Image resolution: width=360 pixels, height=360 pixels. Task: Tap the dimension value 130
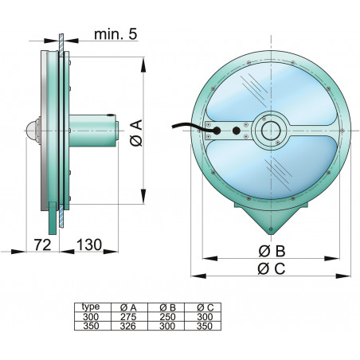pyautogui.click(x=88, y=244)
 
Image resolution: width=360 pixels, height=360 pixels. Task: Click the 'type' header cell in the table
pyautogui.click(x=92, y=306)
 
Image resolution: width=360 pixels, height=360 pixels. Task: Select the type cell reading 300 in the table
pyautogui.click(x=92, y=315)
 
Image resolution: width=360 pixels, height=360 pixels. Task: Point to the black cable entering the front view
pyautogui.click(x=186, y=125)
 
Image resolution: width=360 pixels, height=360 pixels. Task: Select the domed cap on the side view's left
pyautogui.click(x=33, y=128)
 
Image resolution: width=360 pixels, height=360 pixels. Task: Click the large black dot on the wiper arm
pyautogui.click(x=237, y=131)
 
